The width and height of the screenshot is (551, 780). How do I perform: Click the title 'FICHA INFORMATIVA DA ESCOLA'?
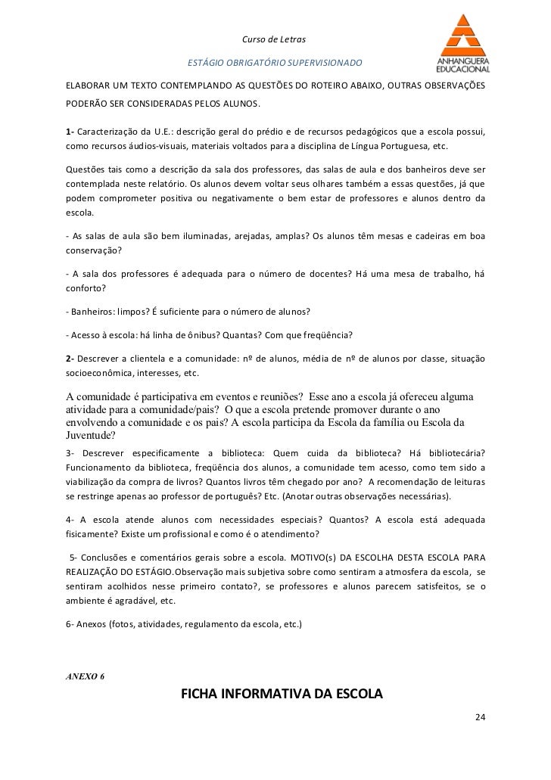(282, 695)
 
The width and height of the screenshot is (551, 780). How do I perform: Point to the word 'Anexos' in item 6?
(91, 625)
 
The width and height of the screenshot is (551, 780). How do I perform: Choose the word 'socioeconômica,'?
(101, 373)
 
